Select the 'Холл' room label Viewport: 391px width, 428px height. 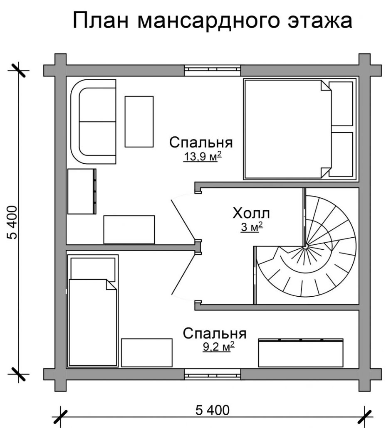tap(251, 214)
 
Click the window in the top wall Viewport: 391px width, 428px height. tap(213, 70)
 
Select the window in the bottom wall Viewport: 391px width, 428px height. tap(213, 374)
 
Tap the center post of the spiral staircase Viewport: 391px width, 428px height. tap(305, 247)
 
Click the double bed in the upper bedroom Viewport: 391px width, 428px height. tap(287, 129)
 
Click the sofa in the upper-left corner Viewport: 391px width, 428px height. tap(94, 122)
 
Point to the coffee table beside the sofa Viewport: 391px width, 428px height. tap(139, 121)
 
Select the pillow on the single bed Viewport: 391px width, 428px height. tap(93, 269)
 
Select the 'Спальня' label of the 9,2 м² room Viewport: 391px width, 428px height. tap(215, 333)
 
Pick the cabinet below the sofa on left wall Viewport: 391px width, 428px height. tap(82, 191)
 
